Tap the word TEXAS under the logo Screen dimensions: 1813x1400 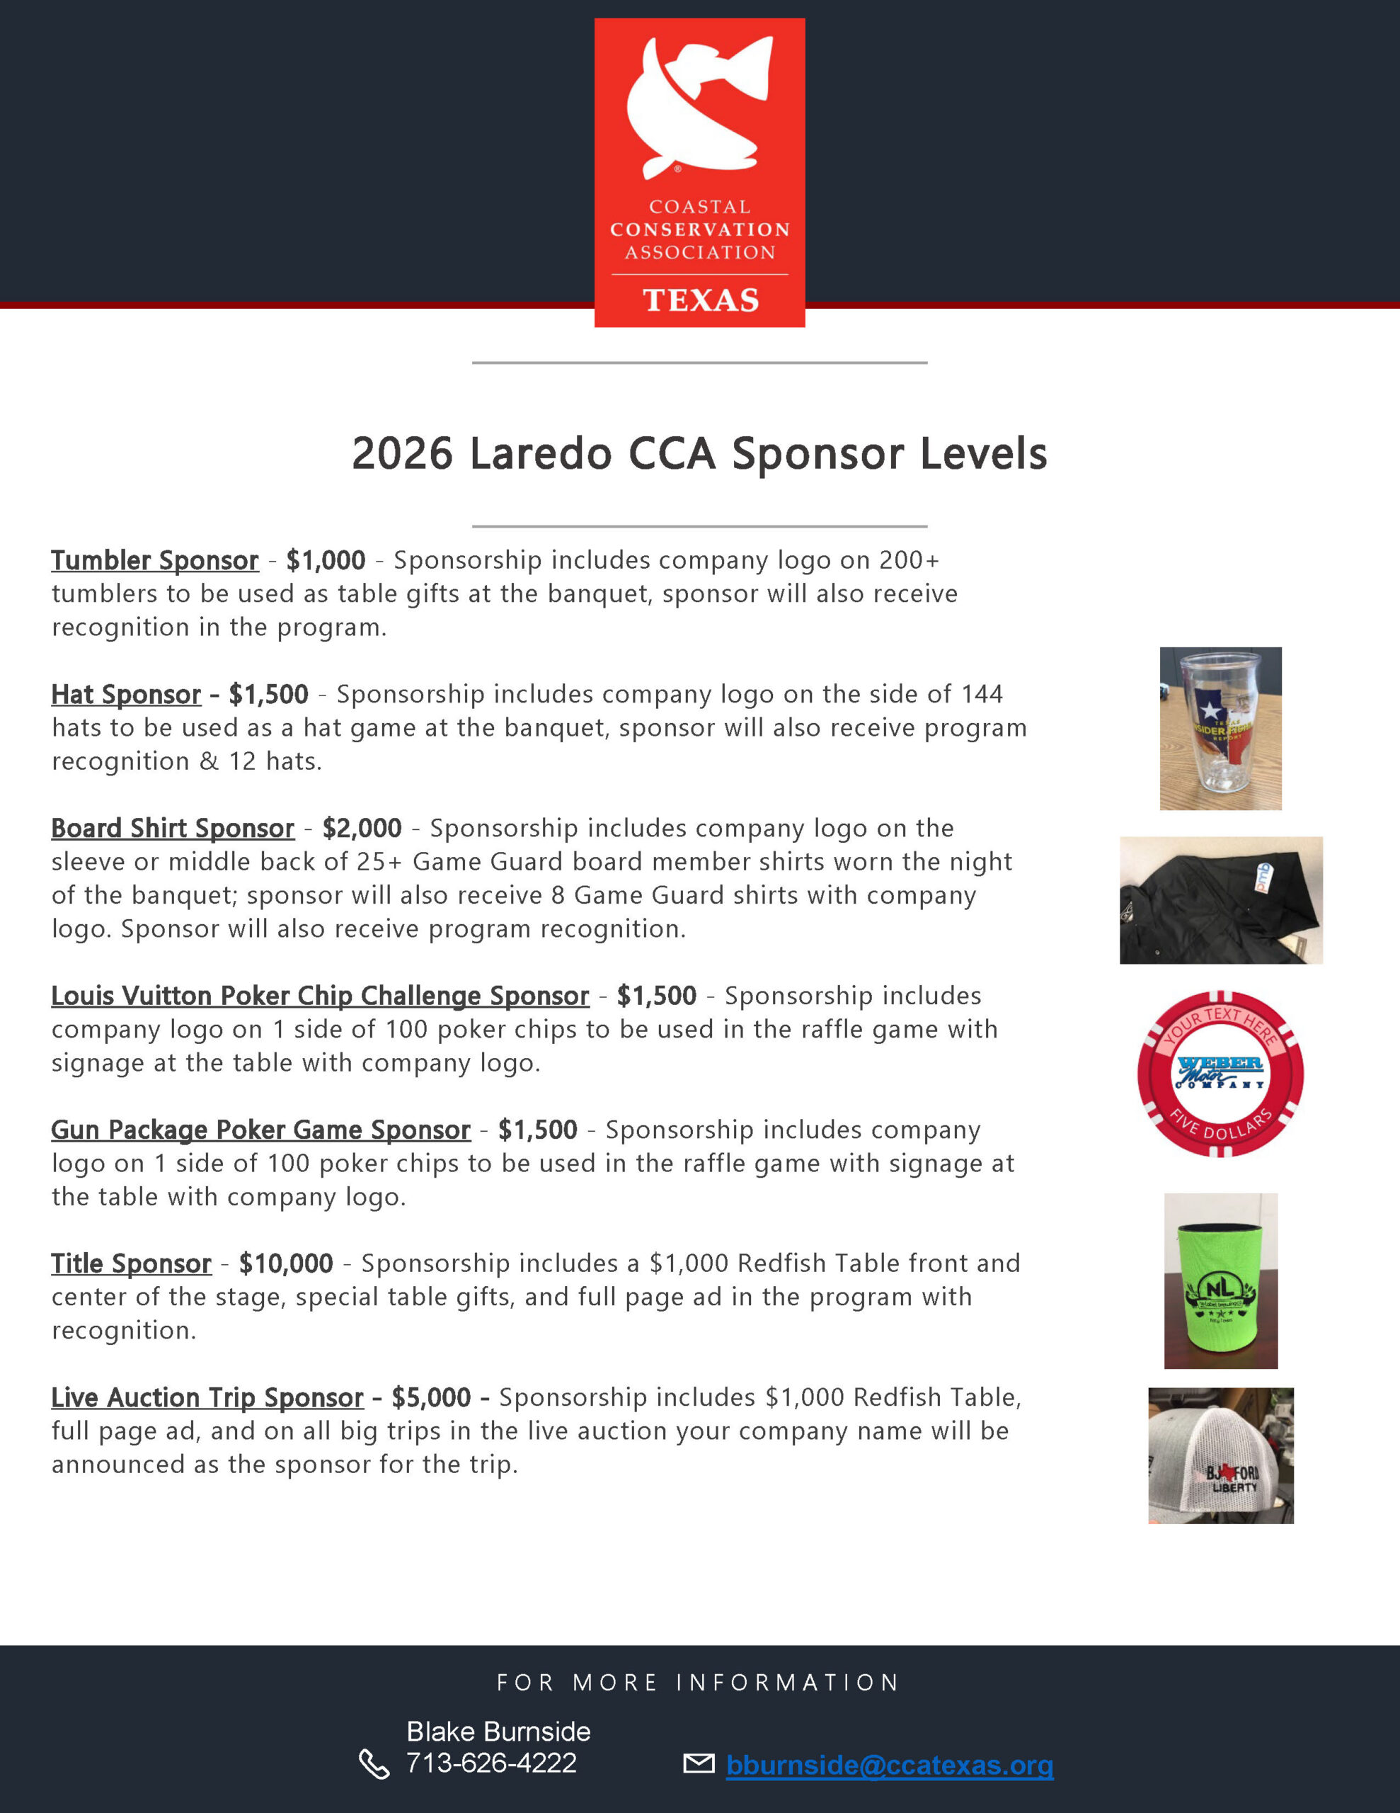[x=701, y=300]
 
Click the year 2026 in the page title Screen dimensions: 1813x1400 [x=403, y=454]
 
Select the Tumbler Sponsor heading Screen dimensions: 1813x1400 [x=155, y=561]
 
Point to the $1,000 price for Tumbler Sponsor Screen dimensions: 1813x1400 [x=326, y=560]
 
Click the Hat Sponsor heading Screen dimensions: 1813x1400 [x=126, y=695]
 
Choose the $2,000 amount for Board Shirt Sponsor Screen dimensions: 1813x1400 [x=362, y=829]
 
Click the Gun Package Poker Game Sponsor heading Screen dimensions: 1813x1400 [x=260, y=1130]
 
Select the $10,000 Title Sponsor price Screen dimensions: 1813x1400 [x=285, y=1264]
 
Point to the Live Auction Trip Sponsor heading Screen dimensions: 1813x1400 [x=207, y=1398]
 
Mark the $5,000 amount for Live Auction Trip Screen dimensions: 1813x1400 [x=432, y=1398]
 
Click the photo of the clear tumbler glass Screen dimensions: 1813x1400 [x=1220, y=729]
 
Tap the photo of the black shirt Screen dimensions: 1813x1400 [x=1221, y=901]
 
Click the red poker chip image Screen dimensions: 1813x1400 [x=1220, y=1074]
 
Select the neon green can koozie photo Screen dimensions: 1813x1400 [x=1221, y=1281]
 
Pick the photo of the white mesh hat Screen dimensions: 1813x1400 [x=1221, y=1455]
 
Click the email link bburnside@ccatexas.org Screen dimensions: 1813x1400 [x=890, y=1766]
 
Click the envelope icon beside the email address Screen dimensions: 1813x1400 [x=699, y=1763]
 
